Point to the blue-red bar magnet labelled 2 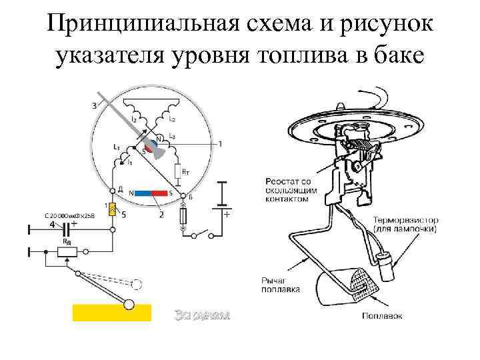(150, 193)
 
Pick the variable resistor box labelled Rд (68, 252)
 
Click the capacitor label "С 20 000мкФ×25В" (69, 216)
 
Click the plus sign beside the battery (227, 215)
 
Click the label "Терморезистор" (405, 219)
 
